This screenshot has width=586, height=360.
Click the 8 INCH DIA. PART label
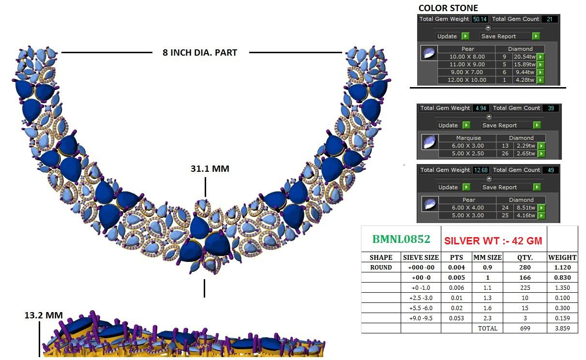point(200,53)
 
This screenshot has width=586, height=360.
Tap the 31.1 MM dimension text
point(210,169)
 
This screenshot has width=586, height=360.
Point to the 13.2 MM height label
point(44,315)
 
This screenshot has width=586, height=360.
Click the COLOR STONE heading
point(448,8)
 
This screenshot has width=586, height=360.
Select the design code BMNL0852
point(401,239)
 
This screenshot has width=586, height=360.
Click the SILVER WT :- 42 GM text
point(493,241)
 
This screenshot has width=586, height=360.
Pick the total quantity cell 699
point(525,329)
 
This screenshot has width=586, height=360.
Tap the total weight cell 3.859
point(562,329)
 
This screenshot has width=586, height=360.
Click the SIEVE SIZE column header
point(421,258)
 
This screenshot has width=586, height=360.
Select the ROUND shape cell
point(381,268)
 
